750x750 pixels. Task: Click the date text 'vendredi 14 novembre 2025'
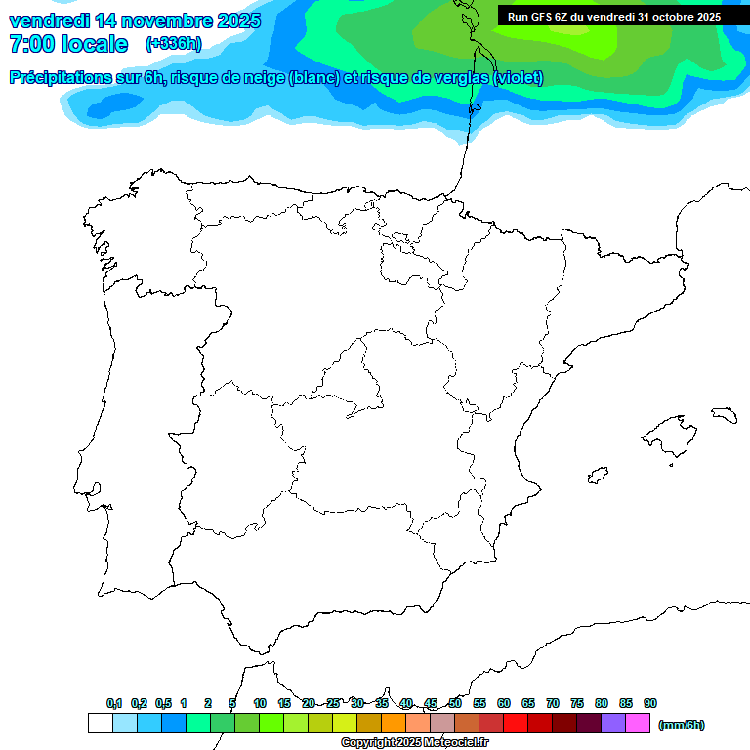coord(135,21)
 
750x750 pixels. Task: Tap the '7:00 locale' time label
coord(68,44)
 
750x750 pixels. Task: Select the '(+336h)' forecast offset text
coord(173,44)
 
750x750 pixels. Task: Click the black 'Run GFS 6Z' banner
coord(613,16)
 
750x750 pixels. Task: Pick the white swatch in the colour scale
coord(100,723)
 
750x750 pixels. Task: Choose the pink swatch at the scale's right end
coord(638,723)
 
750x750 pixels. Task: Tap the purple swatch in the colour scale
coord(613,723)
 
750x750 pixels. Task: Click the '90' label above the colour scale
coord(650,703)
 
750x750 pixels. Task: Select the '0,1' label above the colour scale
coord(114,703)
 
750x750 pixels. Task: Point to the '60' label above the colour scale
coord(504,703)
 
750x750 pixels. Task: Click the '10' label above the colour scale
coord(260,703)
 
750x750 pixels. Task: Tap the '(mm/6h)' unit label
coord(681,725)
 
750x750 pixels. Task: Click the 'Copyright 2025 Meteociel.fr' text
coord(414,743)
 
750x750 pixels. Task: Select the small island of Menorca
coord(724,415)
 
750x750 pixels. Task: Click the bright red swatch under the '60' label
coord(516,723)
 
